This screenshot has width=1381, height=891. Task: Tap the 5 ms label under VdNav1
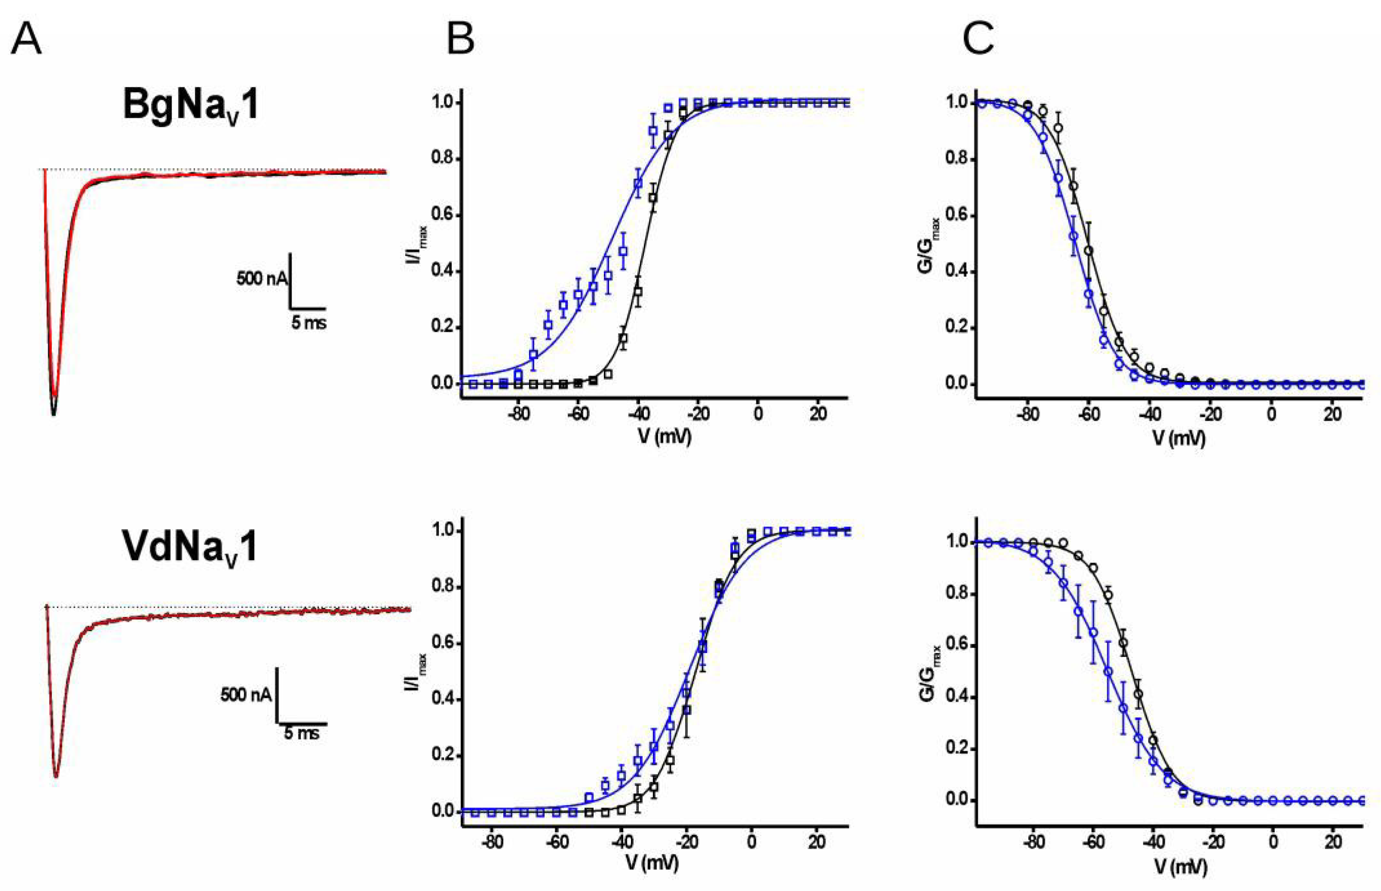(x=301, y=734)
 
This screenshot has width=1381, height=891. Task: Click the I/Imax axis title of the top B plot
(x=423, y=242)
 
